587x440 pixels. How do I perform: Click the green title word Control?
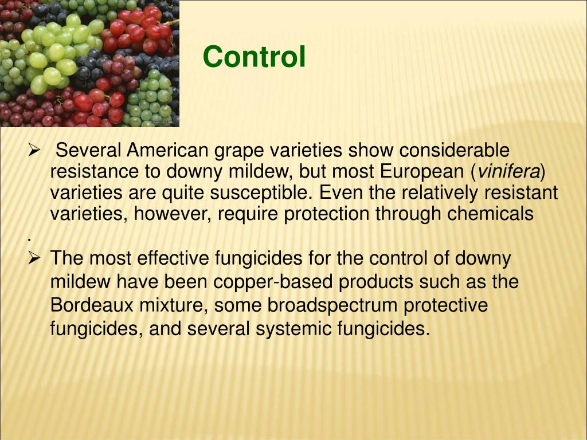(x=254, y=57)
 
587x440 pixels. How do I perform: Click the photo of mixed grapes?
(x=89, y=63)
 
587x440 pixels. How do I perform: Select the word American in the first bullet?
(x=167, y=151)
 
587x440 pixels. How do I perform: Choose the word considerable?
(x=454, y=151)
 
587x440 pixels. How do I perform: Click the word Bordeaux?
(x=92, y=305)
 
